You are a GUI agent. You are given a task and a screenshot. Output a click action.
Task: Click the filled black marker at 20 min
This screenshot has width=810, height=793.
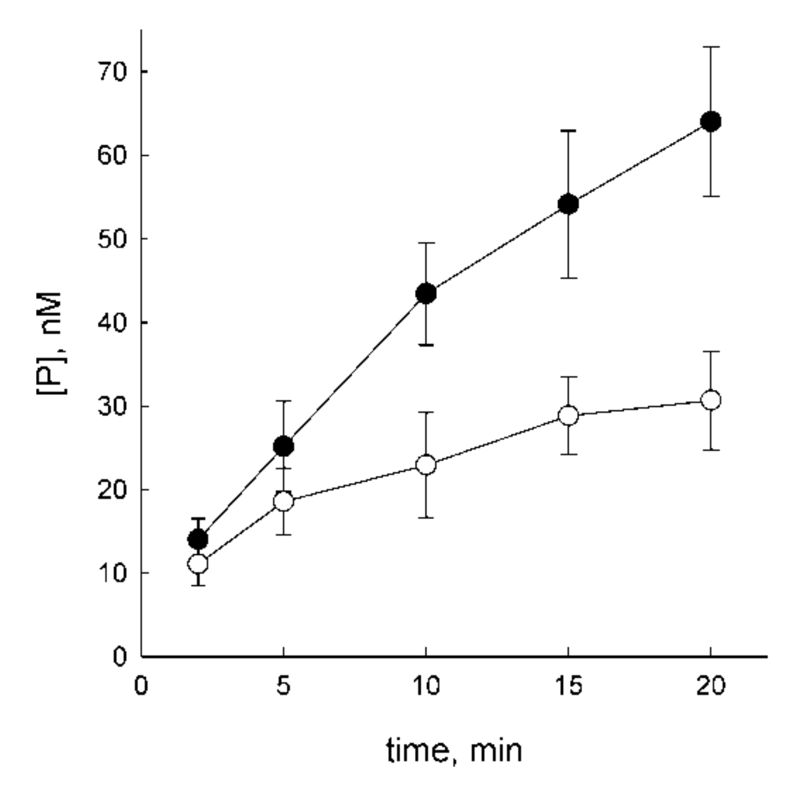711,122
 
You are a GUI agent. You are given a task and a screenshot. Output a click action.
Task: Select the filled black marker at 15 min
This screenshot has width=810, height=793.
568,204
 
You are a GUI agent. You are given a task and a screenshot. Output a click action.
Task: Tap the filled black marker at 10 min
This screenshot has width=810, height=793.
426,293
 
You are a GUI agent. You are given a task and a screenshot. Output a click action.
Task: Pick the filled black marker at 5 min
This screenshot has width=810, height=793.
283,446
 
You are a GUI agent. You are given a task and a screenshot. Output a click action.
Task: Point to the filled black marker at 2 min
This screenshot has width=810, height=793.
198,539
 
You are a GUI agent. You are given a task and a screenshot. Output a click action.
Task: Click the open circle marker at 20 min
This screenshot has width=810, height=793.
711,400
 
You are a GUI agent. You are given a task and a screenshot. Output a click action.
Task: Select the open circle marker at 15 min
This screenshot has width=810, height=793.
568,415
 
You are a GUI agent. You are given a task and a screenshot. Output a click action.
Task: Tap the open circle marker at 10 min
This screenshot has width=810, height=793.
426,465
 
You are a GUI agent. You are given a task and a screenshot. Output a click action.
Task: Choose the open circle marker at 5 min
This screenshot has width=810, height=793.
283,501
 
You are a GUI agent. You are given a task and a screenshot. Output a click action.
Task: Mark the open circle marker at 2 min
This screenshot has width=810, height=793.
198,564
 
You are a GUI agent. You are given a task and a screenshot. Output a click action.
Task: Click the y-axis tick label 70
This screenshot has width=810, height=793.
112,71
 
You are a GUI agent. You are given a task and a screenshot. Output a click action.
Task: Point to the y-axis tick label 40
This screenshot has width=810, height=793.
112,322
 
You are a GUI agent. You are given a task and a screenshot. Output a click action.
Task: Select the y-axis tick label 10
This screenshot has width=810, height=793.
112,573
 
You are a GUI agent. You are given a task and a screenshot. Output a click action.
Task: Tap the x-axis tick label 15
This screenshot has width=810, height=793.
568,686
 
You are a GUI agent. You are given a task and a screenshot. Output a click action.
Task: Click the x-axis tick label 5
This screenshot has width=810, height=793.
283,686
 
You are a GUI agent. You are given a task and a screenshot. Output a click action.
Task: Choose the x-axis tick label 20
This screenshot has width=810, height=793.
711,686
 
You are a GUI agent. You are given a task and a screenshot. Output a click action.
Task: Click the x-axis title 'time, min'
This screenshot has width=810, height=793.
454,750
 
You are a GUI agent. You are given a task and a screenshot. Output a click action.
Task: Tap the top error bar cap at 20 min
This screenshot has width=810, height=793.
711,47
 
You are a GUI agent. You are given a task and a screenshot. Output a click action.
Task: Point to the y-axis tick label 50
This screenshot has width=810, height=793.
112,239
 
